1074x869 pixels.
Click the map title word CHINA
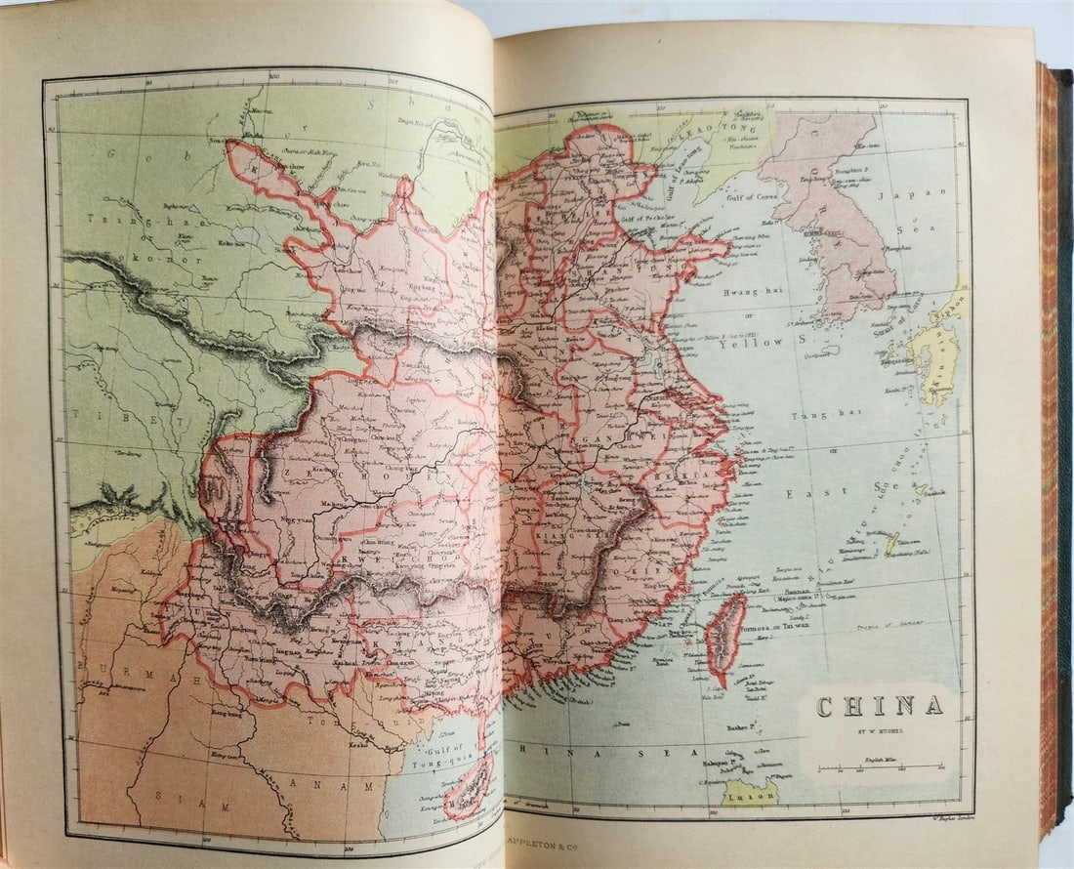(x=879, y=706)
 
